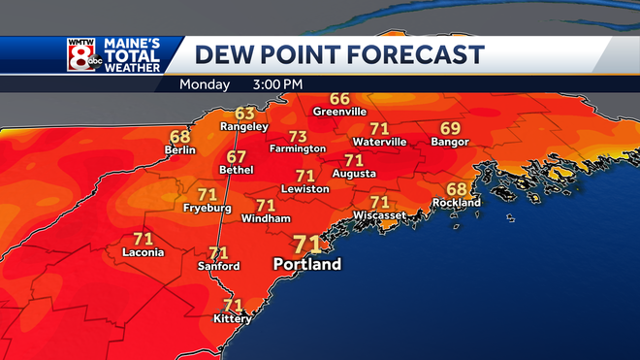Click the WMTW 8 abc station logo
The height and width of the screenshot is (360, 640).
point(82,55)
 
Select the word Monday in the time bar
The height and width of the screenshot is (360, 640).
point(205,84)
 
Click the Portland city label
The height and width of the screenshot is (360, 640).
point(307,264)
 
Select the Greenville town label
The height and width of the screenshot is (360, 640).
point(339,112)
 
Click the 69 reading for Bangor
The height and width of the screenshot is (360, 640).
point(450,128)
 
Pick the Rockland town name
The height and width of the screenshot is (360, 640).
point(458,203)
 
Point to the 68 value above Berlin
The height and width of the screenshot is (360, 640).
point(180,137)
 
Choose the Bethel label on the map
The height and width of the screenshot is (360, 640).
point(237,170)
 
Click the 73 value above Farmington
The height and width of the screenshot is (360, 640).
point(298,136)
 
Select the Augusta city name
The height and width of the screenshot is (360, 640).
point(354,174)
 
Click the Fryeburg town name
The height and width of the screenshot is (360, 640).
point(207,208)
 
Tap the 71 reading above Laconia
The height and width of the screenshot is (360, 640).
point(144,238)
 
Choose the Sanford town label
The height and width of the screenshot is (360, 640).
point(218,266)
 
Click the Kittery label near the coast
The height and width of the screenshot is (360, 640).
point(233,318)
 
